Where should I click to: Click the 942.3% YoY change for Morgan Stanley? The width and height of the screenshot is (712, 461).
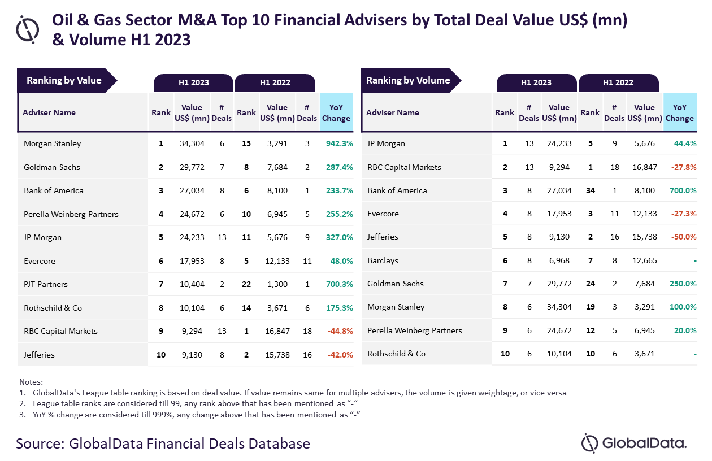click(339, 143)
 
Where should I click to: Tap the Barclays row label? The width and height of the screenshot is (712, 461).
click(383, 260)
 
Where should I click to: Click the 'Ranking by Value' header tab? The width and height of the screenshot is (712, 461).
click(64, 80)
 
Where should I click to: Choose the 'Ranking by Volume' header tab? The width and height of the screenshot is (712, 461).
click(408, 80)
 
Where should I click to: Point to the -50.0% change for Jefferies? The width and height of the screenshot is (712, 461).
click(684, 237)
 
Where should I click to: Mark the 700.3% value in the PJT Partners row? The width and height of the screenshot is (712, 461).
click(339, 284)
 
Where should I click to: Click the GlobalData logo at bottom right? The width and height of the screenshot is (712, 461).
click(634, 443)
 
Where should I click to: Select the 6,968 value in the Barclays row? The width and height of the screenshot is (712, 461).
click(559, 260)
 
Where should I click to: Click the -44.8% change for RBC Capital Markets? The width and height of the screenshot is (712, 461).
click(339, 331)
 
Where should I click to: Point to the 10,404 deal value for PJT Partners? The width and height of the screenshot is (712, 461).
click(192, 284)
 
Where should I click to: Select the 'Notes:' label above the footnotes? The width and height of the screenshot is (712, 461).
click(31, 382)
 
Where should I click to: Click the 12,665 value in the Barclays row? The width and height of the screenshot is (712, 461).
click(644, 260)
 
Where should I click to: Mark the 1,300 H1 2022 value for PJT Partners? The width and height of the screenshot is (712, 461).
click(277, 284)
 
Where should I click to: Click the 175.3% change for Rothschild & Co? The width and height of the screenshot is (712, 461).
click(339, 308)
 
